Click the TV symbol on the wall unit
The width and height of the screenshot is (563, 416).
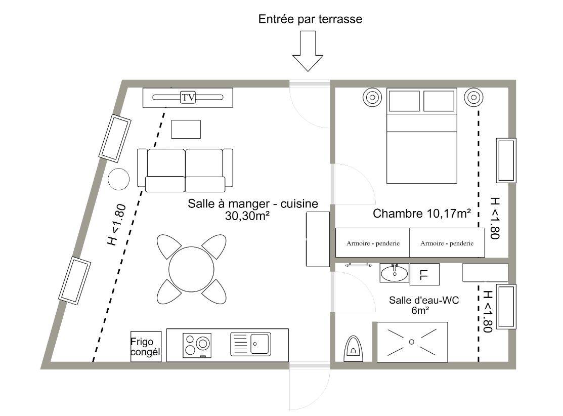click(x=188, y=97)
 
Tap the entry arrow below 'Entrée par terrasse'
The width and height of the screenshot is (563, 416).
click(x=308, y=51)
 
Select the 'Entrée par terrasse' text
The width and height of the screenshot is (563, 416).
click(x=310, y=19)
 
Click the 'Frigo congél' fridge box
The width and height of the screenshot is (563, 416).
click(x=146, y=346)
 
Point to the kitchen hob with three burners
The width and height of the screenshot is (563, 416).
click(x=197, y=346)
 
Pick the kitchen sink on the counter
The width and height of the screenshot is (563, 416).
click(x=250, y=344)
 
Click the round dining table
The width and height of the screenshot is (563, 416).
click(x=191, y=269)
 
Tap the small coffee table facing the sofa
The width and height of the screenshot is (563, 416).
click(x=186, y=130)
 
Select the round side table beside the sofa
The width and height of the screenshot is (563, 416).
click(x=119, y=179)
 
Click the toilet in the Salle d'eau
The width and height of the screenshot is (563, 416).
click(x=354, y=349)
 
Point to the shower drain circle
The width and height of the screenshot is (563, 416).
click(x=412, y=342)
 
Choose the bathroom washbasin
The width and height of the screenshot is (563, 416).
click(x=394, y=273)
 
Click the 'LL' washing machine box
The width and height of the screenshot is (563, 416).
click(x=424, y=274)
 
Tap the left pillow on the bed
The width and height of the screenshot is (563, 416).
click(x=404, y=101)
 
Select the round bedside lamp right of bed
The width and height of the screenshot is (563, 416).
click(x=473, y=97)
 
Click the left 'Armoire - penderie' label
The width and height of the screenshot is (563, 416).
click(x=373, y=243)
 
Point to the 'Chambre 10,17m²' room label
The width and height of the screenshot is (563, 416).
click(x=422, y=214)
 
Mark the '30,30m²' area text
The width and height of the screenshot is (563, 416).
click(x=248, y=216)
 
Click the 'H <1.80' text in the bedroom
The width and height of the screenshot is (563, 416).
click(x=495, y=218)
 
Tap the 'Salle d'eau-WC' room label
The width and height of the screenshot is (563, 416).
click(x=424, y=300)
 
